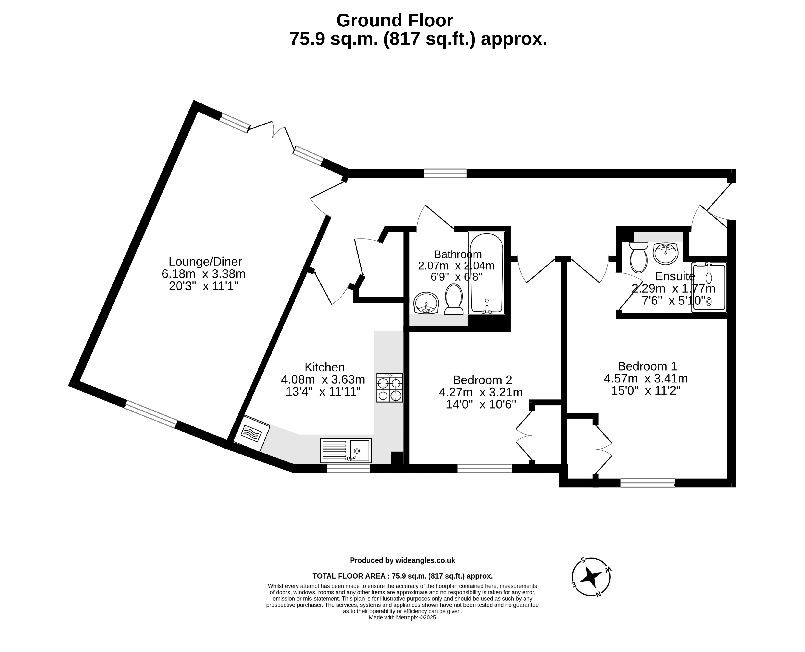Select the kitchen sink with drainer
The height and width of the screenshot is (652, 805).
click(345, 450)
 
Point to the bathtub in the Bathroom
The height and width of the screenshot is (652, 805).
click(486, 273)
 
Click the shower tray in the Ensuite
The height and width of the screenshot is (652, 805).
click(709, 287)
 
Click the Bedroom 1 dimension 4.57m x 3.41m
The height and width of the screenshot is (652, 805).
click(646, 378)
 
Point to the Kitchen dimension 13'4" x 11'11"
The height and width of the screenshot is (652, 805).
click(323, 392)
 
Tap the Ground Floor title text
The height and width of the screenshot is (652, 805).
click(395, 20)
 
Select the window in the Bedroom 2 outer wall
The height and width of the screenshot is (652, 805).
click(484, 468)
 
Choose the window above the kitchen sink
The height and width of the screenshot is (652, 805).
click(348, 468)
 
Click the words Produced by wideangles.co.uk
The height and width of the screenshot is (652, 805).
click(403, 560)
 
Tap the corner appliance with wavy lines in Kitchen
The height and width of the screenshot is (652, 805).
click(251, 433)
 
